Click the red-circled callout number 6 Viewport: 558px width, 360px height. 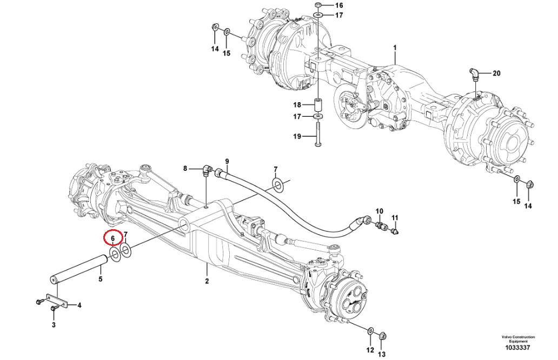tap(113, 238)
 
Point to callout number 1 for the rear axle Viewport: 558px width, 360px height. tap(395, 48)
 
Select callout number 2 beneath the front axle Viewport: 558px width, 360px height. tap(207, 281)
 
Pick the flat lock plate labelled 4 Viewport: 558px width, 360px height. tap(56, 301)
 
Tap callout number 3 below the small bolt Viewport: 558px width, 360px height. tap(54, 324)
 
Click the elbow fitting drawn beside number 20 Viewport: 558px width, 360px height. tap(474, 74)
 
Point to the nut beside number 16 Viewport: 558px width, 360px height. tap(318, 5)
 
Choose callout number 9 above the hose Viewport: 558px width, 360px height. tap(227, 162)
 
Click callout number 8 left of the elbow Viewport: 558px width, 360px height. tap(185, 169)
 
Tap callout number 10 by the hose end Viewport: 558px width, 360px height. tap(379, 211)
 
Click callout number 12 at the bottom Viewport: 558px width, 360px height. tap(370, 350)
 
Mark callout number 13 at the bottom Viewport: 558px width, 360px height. tap(382, 354)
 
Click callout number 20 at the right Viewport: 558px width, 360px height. tap(497, 73)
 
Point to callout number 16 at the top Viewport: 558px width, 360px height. tap(338, 5)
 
